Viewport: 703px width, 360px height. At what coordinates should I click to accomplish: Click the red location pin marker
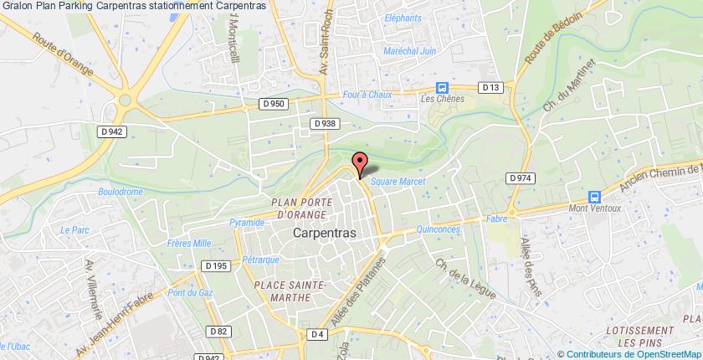click(360, 163)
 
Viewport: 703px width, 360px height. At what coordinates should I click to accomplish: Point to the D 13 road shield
click(490, 86)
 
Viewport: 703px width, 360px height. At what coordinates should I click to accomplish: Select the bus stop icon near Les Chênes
click(442, 88)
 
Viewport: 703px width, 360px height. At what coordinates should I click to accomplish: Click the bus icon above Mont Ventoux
click(594, 197)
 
